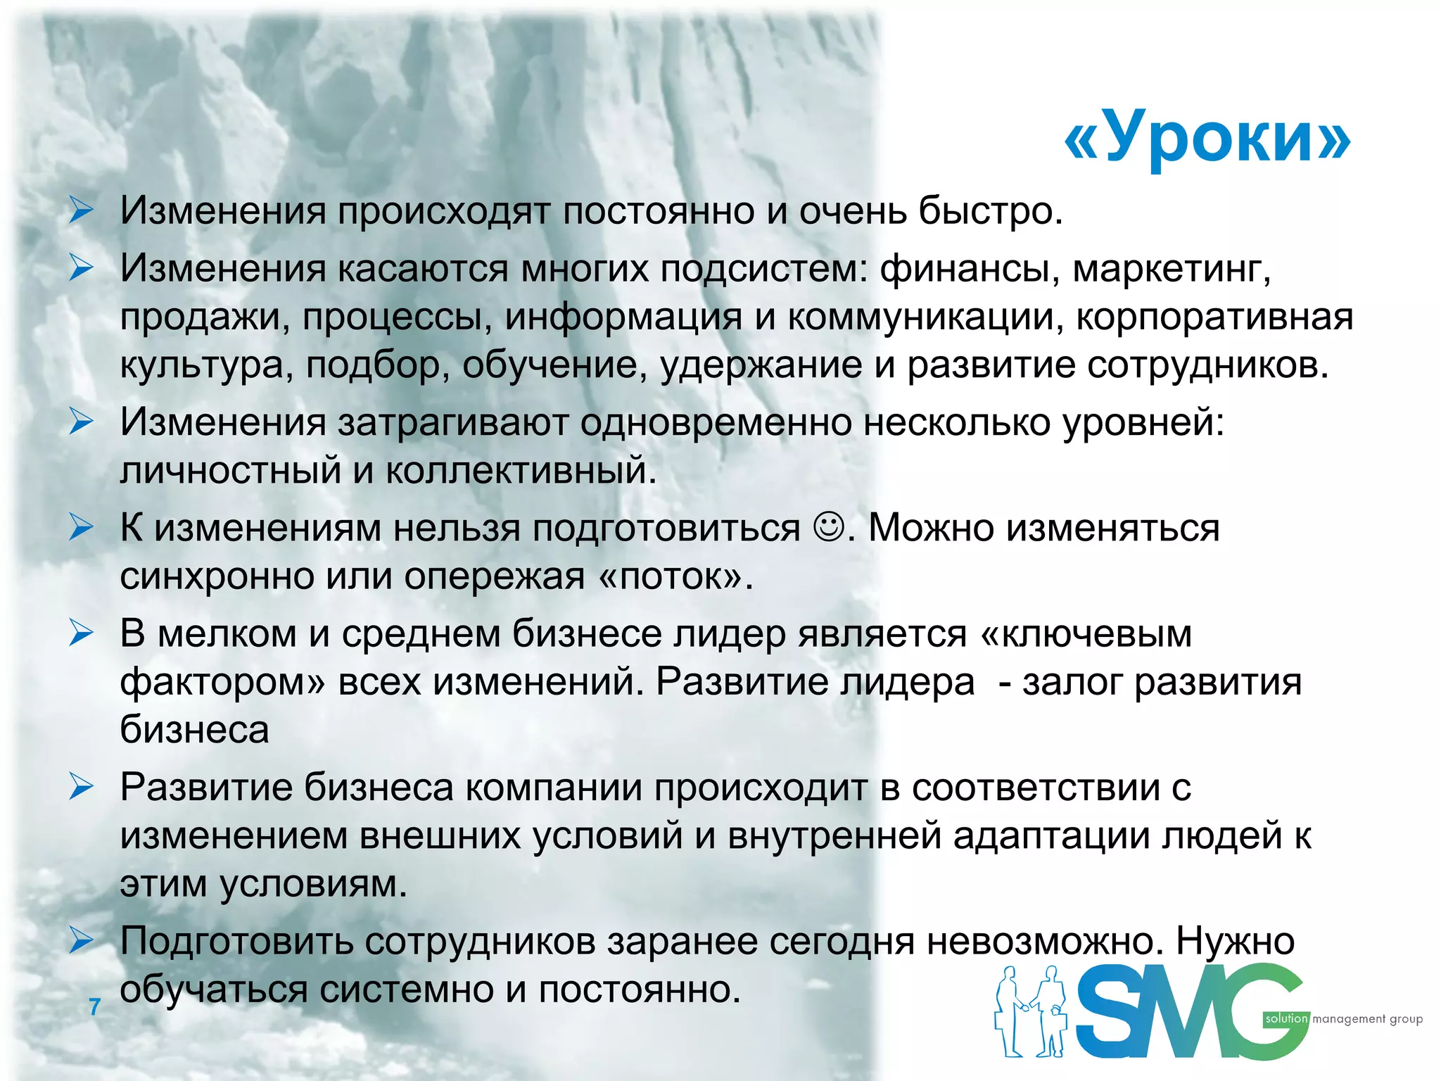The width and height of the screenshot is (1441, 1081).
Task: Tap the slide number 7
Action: pyautogui.click(x=94, y=1007)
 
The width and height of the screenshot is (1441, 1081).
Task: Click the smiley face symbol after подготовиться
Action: pyautogui.click(x=828, y=526)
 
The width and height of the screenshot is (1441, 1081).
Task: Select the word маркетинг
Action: pyautogui.click(x=1172, y=268)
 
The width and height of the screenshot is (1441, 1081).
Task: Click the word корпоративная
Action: pyautogui.click(x=1214, y=317)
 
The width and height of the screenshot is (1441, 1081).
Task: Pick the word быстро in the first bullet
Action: pyautogui.click(x=991, y=210)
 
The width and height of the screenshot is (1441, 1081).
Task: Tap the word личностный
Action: pyautogui.click(x=231, y=470)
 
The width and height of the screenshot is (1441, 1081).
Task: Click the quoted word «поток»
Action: pyautogui.click(x=675, y=576)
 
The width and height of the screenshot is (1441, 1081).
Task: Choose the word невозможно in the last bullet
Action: pyautogui.click(x=1042, y=941)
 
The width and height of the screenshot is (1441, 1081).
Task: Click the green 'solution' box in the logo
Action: pyautogui.click(x=1286, y=1018)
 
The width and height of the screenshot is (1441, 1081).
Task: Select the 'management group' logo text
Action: pyautogui.click(x=1367, y=1019)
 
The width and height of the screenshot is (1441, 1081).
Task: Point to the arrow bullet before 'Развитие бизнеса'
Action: pyautogui.click(x=82, y=788)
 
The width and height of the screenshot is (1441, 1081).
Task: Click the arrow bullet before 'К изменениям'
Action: pyautogui.click(x=82, y=528)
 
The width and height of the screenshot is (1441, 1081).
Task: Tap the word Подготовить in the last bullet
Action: pyautogui.click(x=236, y=941)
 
